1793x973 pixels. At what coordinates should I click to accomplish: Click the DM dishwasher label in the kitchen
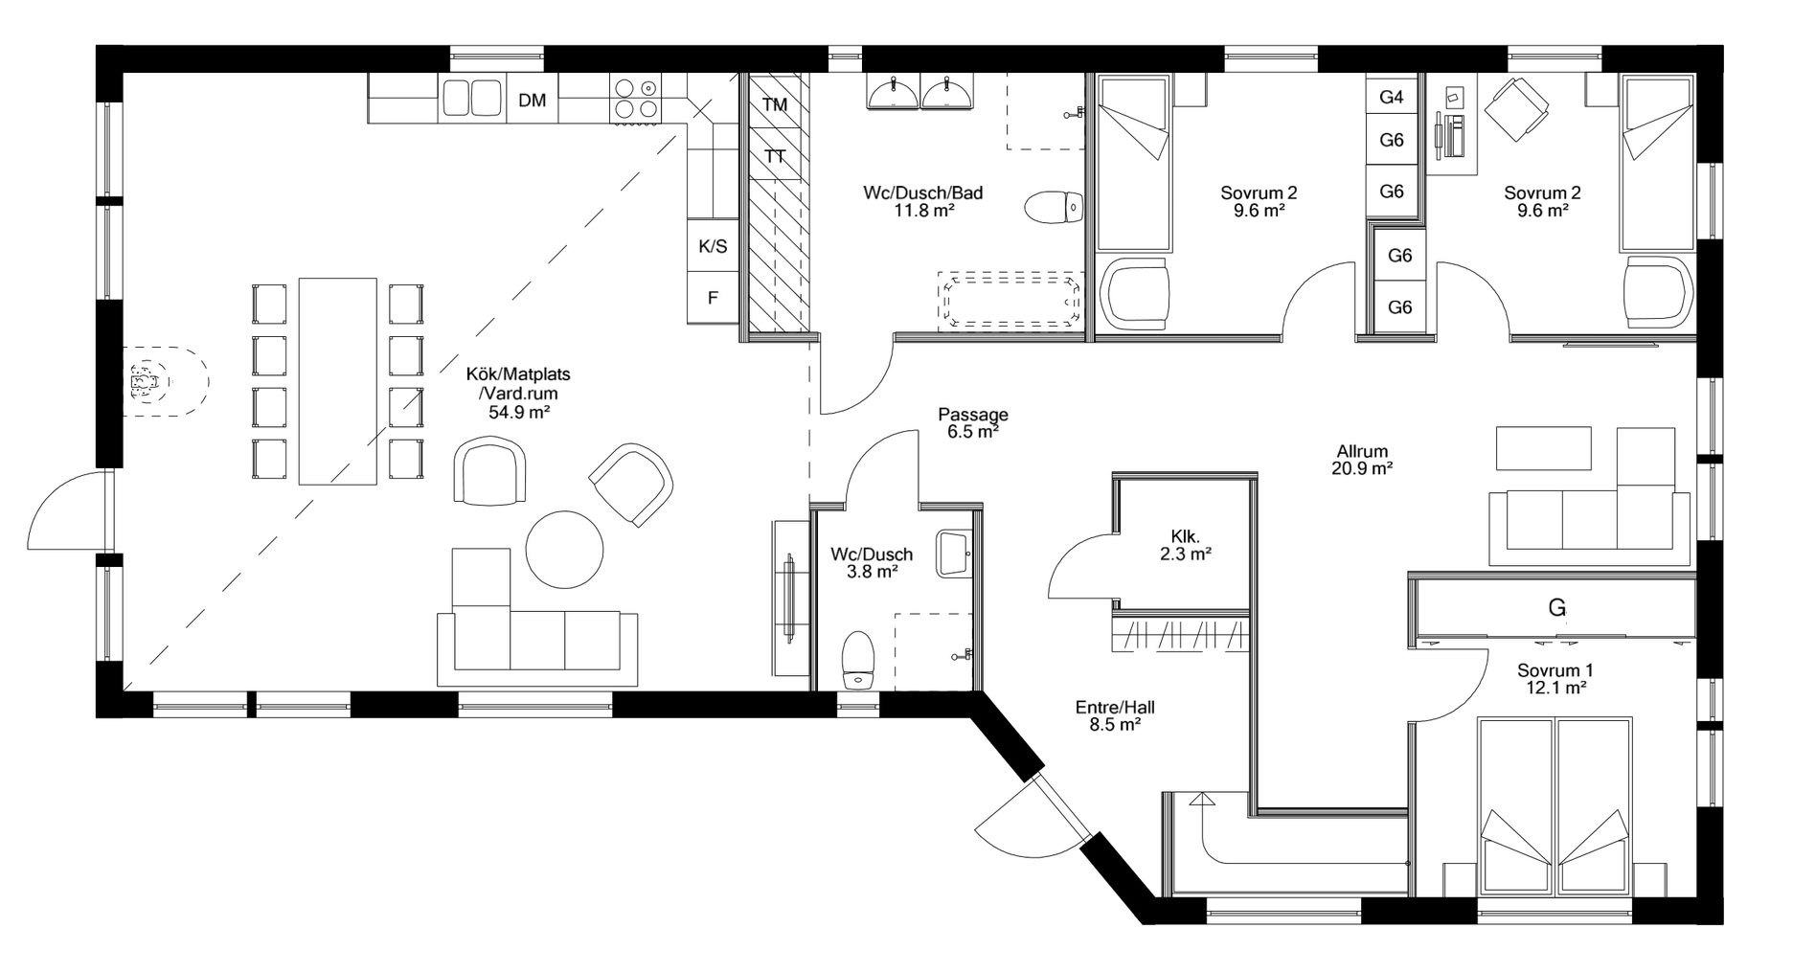532,100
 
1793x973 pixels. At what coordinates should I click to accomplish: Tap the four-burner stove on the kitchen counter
634,99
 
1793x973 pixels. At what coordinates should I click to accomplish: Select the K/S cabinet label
712,247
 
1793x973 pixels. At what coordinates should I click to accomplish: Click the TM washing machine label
775,104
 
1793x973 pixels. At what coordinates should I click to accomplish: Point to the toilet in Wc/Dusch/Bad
1055,207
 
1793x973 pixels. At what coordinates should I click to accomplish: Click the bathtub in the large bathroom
1012,301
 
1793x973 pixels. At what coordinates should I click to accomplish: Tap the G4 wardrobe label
1392,97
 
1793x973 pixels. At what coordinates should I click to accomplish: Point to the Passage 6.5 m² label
972,422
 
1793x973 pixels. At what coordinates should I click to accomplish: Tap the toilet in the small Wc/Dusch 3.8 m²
858,659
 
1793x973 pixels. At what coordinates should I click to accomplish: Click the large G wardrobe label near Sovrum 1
1556,608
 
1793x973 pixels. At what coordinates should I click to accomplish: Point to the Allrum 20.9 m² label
1361,460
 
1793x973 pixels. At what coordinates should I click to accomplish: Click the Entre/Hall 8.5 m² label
1115,715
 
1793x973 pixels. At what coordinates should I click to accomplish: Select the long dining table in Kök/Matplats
337,381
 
